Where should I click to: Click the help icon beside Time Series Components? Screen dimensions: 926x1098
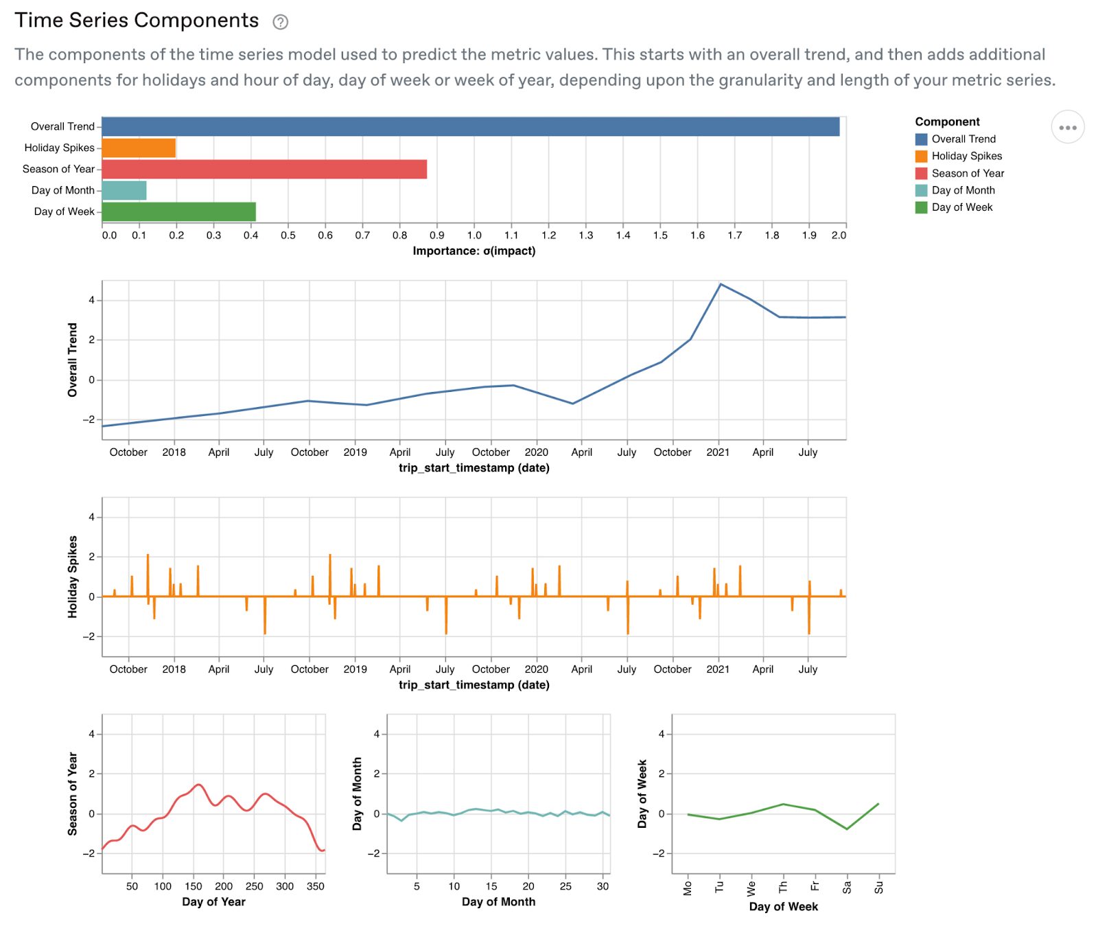click(x=280, y=22)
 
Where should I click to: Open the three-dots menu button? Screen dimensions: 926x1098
click(x=1067, y=127)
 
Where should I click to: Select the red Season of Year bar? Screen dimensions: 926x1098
click(x=264, y=169)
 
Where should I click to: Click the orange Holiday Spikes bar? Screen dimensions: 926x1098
click(x=139, y=148)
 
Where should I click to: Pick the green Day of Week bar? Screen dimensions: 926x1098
click(x=178, y=211)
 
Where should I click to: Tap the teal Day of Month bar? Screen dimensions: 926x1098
click(x=124, y=190)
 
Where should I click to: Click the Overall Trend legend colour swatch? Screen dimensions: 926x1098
click(x=921, y=139)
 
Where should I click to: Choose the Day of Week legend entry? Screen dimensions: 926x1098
click(x=961, y=207)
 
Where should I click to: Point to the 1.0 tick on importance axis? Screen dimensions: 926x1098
click(x=474, y=235)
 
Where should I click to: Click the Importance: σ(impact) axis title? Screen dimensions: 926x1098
click(x=474, y=251)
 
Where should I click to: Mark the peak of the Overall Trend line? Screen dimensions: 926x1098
click(x=720, y=284)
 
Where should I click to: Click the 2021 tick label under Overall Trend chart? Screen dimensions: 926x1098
click(x=718, y=452)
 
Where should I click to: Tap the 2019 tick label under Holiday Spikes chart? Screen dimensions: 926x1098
click(x=355, y=669)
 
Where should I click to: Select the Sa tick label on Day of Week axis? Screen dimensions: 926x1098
click(x=847, y=888)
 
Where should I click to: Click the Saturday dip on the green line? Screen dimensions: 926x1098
click(x=848, y=829)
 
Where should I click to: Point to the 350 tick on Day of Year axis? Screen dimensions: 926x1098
click(x=315, y=886)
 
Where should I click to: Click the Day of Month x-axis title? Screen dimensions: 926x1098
click(x=498, y=902)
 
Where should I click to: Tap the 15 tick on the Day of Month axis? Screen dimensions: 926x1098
click(x=491, y=886)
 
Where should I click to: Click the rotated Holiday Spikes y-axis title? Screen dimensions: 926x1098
click(x=73, y=577)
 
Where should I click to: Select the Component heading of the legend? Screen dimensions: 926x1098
click(x=947, y=121)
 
